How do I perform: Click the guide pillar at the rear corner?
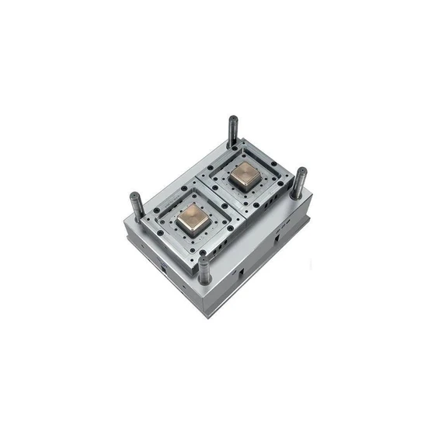tap(232, 133)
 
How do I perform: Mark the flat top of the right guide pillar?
tap(301, 171)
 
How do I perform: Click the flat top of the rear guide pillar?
tap(232, 119)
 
